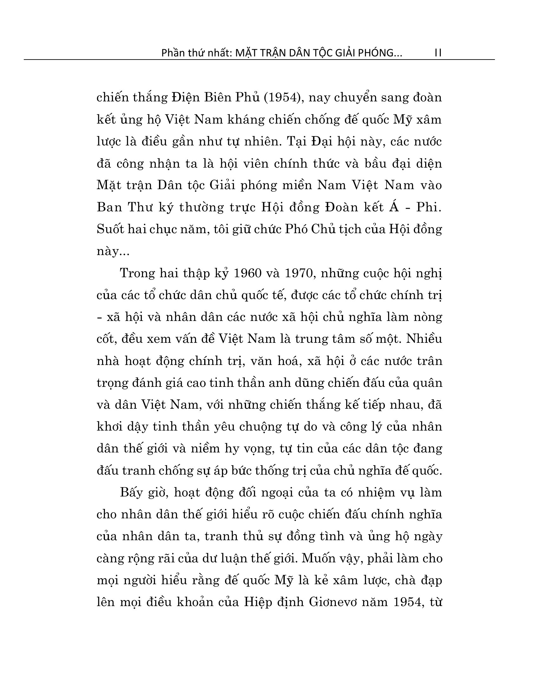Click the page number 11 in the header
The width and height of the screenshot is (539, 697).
pyautogui.click(x=438, y=53)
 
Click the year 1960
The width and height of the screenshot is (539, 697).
pyautogui.click(x=248, y=273)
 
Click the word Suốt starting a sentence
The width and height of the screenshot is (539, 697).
pyautogui.click(x=110, y=229)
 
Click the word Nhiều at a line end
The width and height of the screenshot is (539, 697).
pyautogui.click(x=424, y=339)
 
